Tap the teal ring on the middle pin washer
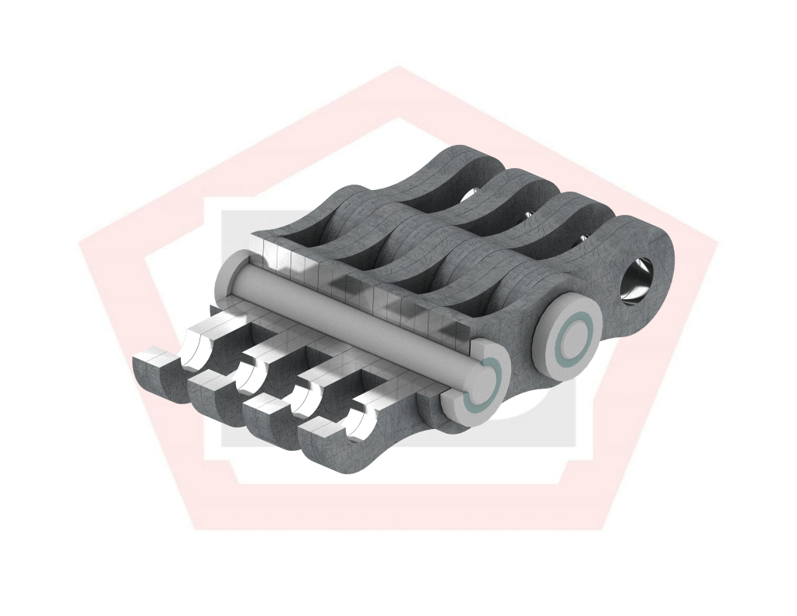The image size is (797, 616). pos(576,336)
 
